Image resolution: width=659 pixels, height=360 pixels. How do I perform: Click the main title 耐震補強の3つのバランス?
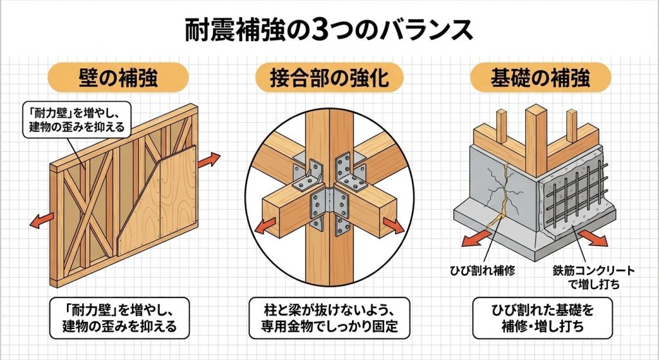[329, 30]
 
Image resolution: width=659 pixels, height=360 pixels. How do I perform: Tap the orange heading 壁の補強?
[118, 78]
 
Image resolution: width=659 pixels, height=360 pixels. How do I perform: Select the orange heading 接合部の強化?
[329, 78]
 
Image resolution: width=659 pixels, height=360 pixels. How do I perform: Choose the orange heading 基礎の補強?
[540, 78]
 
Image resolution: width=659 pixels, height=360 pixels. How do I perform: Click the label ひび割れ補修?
[483, 270]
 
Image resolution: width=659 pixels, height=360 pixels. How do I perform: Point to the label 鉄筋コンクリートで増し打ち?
[593, 278]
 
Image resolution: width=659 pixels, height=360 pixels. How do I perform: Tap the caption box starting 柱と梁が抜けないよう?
[329, 318]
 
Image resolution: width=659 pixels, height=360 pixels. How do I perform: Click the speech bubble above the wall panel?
[77, 120]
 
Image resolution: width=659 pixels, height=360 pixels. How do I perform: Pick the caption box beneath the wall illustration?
[119, 318]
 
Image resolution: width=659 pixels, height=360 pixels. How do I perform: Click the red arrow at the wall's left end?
[42, 220]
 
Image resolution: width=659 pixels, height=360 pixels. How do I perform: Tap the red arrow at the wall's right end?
[209, 160]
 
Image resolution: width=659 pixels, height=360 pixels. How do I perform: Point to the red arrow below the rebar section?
[593, 238]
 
